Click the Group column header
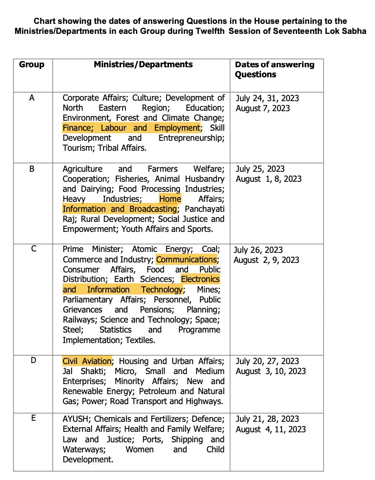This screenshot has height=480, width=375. coord(31,64)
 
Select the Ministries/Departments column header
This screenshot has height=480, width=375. coord(143,64)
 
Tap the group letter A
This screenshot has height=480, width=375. coord(31,98)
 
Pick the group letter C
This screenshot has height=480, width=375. coord(31,250)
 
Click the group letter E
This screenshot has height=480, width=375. coord(31,418)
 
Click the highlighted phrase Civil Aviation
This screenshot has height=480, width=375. coord(87,361)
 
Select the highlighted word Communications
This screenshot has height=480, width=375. coord(187,260)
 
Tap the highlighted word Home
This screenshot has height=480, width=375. coord(170,199)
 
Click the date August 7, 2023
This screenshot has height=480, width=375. coord(263,108)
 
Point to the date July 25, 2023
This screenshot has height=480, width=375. coord(260,169)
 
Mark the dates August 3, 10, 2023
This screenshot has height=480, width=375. coord(271,371)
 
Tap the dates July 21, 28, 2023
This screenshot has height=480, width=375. coord(267,419)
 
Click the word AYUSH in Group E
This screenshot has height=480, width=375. coord(74,419)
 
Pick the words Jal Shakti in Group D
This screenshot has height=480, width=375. coord(79,371)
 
